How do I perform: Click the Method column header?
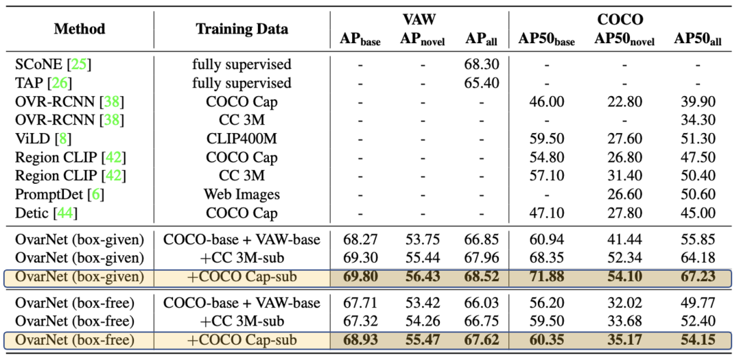coord(80,29)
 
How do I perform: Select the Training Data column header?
coord(242,29)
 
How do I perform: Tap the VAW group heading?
coord(419,20)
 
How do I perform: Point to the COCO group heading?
coord(620,20)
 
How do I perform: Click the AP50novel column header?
coord(624,40)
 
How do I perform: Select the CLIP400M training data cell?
coord(242,139)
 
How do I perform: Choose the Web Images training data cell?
coord(242,195)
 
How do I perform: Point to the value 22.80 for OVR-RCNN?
coord(624,101)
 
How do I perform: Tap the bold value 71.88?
coord(546,278)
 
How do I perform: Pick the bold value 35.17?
coord(624,339)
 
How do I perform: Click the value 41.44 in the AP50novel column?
coord(624,240)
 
